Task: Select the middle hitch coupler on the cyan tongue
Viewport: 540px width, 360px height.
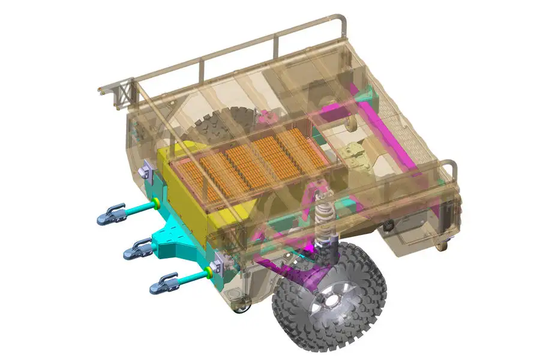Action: pyautogui.click(x=138, y=248)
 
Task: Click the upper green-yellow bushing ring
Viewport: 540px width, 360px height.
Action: pyautogui.click(x=155, y=202)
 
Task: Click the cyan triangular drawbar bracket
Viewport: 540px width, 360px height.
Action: pyautogui.click(x=175, y=240)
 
